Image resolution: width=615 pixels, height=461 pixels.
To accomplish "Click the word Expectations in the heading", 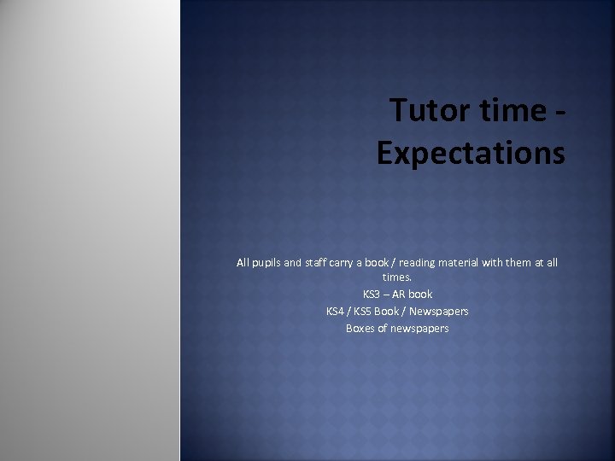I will [471, 153].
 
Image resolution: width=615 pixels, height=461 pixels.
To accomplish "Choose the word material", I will [461, 263].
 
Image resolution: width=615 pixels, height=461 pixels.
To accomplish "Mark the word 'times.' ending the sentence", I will [397, 277].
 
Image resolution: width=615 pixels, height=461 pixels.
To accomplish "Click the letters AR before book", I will [399, 295].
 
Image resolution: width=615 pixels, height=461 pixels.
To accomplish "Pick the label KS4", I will [336, 312].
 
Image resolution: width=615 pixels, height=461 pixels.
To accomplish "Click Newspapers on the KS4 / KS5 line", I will [439, 312].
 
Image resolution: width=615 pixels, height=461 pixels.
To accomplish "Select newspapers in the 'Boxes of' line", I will [419, 329].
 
